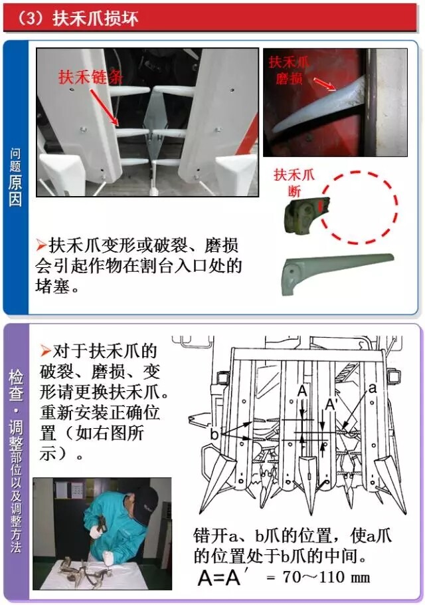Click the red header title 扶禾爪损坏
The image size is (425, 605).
95,18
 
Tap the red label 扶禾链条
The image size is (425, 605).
91,76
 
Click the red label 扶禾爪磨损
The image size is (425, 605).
289,70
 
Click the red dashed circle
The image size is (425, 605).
359,207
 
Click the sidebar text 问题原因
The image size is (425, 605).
15,177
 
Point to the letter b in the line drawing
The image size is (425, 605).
214,433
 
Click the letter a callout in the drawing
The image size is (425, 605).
372,388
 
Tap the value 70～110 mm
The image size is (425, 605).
326,577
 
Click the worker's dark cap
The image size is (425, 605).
146,501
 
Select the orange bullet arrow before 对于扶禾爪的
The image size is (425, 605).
45,351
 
